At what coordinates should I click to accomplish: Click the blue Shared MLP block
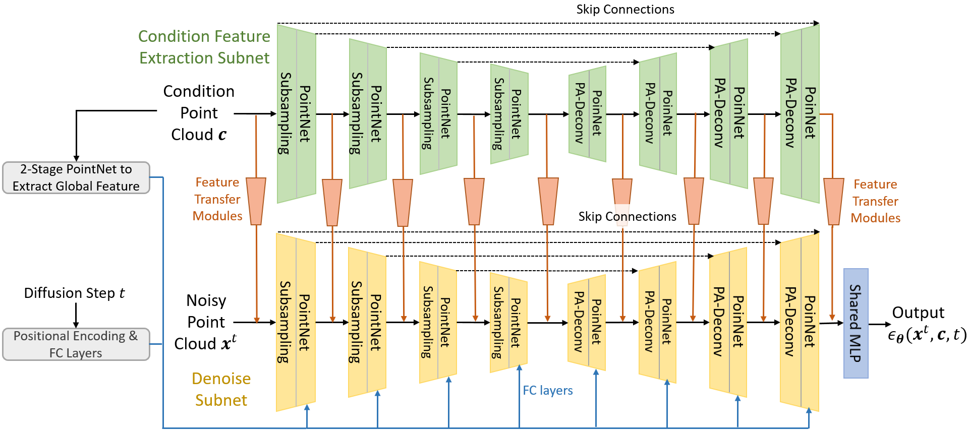[856, 323]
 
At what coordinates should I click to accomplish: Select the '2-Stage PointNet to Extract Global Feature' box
[76, 177]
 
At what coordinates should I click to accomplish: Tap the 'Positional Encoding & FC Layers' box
[76, 344]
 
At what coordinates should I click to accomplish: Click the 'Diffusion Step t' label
[74, 293]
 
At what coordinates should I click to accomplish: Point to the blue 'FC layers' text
[547, 390]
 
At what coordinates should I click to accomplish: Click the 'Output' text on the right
[918, 313]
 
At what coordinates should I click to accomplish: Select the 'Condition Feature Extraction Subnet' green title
[204, 47]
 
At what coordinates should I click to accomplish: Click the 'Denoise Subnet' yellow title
[221, 389]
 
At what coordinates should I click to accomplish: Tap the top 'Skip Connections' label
[625, 10]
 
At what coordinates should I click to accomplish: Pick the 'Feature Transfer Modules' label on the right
[875, 201]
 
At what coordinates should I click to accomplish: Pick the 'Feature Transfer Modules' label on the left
[217, 199]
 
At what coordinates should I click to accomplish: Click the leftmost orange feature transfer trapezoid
[256, 201]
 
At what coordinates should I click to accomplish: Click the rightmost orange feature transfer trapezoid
[833, 201]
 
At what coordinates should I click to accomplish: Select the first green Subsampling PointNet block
[297, 114]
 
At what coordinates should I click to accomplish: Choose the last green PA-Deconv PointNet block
[800, 114]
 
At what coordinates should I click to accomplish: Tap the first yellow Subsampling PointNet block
[296, 323]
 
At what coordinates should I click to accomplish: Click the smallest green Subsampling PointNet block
[509, 114]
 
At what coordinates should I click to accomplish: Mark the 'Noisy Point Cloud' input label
[206, 322]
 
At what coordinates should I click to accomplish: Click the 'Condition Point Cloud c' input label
[199, 113]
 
